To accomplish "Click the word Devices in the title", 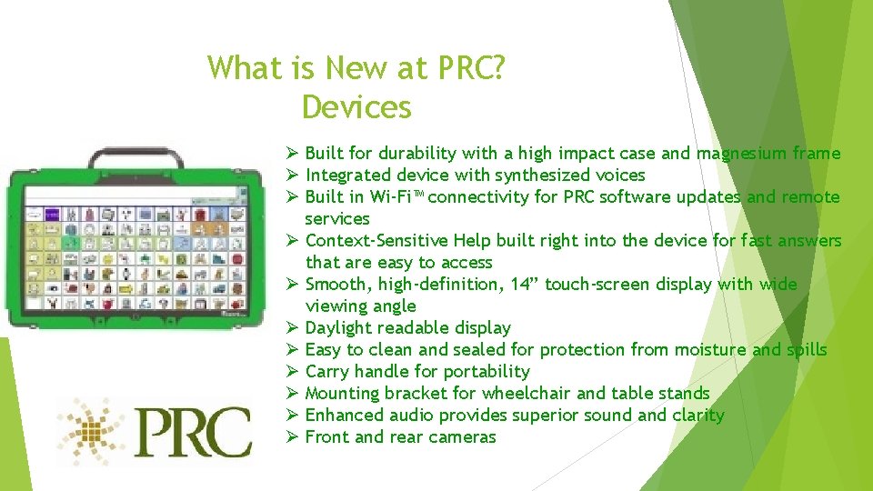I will [356, 107].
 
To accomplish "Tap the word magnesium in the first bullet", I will [742, 154].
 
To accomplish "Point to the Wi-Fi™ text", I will [394, 197].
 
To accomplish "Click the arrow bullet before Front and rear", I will [291, 437].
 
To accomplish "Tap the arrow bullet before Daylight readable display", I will [291, 328].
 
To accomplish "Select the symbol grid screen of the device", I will [135, 245].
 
